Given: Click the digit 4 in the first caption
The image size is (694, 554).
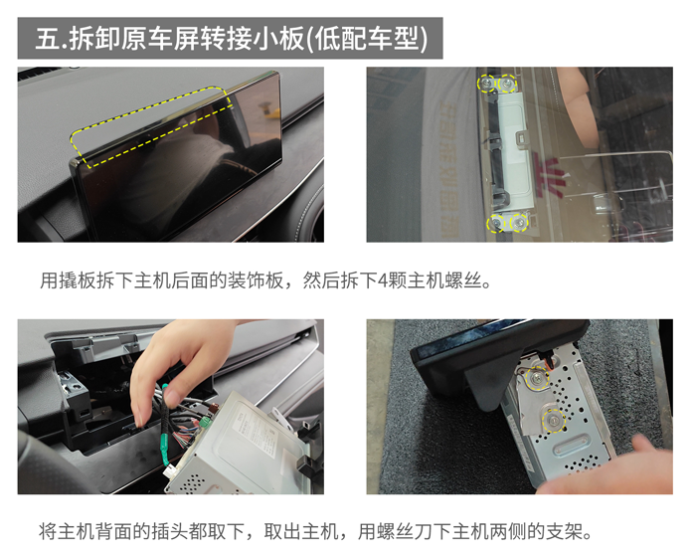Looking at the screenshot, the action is pyautogui.click(x=383, y=281).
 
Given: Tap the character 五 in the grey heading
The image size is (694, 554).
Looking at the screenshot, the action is pyautogui.click(x=47, y=39).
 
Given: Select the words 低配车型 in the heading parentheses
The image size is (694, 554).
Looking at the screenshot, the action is pyautogui.click(x=368, y=39).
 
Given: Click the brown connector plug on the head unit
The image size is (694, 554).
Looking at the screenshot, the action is pyautogui.click(x=214, y=409).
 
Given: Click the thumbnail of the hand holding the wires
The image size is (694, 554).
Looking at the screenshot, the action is pyautogui.click(x=170, y=407).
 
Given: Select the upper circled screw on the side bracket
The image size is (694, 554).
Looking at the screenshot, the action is pyautogui.click(x=537, y=378).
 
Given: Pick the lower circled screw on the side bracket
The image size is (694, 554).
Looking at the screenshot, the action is pyautogui.click(x=554, y=420).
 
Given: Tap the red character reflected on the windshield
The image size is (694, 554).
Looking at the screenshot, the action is pyautogui.click(x=549, y=175).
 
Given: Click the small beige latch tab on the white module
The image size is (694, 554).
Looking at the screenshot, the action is pyautogui.click(x=521, y=136).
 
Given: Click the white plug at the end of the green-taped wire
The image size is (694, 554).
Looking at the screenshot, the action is pyautogui.click(x=169, y=471).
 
